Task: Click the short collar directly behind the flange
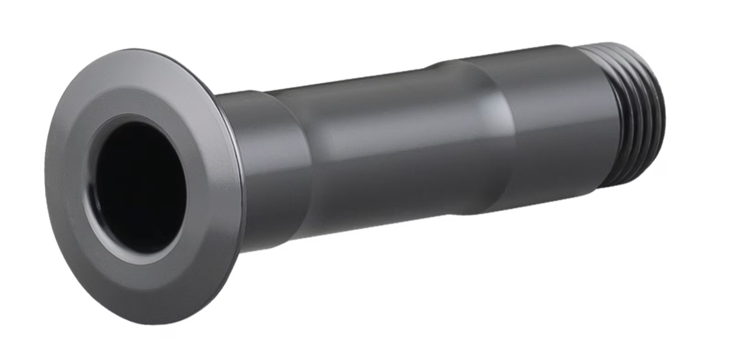(274, 168)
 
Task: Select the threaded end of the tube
(637, 112)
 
